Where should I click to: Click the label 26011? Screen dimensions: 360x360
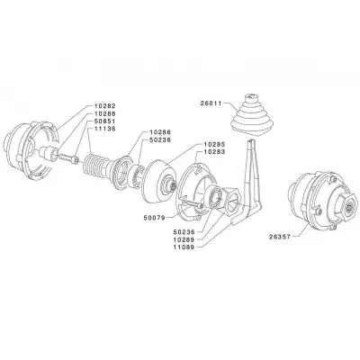click(x=211, y=103)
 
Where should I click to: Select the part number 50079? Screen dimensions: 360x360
click(x=154, y=218)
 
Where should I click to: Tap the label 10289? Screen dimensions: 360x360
click(x=184, y=239)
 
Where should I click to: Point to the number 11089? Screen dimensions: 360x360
click(x=184, y=247)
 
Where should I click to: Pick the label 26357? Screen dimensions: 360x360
click(x=280, y=237)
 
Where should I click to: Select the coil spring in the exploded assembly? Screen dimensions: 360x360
click(x=94, y=166)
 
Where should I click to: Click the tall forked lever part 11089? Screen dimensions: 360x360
click(x=251, y=183)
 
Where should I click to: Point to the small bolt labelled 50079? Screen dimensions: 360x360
click(x=193, y=205)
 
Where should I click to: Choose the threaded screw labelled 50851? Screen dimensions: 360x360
click(x=68, y=157)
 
